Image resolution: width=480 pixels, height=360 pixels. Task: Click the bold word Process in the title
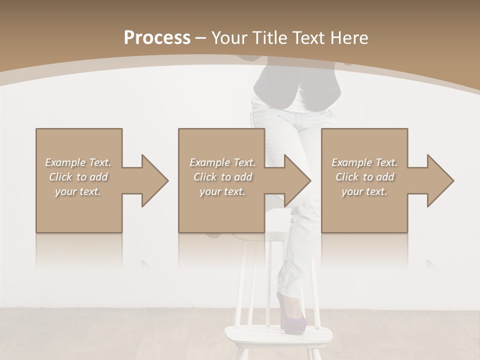coord(157,38)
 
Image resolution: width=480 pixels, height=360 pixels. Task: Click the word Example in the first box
coord(65,162)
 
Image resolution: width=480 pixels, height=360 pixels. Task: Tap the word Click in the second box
coord(204,177)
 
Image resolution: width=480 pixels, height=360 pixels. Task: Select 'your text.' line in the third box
coord(364,191)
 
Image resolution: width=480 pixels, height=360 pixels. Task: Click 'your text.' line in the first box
coord(78,191)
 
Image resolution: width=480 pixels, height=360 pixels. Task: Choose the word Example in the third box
coord(352,162)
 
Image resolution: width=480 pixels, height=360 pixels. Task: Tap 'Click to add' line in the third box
coord(365,177)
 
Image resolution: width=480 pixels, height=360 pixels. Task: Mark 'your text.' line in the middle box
coord(222,191)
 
